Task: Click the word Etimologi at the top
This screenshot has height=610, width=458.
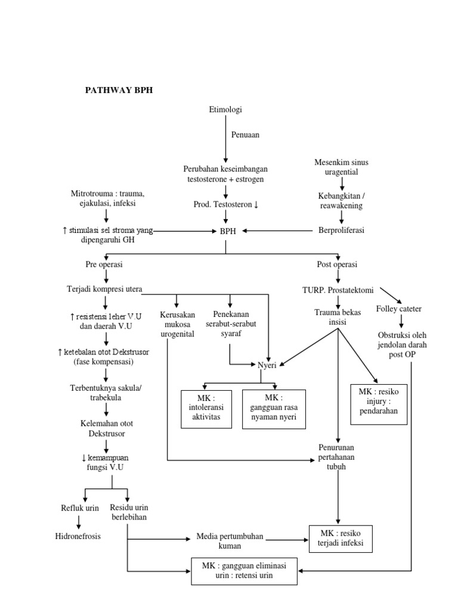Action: [x=225, y=110]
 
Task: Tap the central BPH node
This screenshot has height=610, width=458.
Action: [x=225, y=231]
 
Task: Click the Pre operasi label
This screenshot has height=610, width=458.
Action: [x=104, y=264]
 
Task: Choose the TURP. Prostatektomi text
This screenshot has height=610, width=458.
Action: [x=338, y=290]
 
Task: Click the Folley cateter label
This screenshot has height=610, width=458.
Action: [x=399, y=309]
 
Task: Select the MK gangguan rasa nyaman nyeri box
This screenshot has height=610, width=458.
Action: [x=274, y=409]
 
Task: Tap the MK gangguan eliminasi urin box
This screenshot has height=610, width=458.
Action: [x=245, y=571]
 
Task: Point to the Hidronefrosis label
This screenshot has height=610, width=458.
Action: [x=78, y=536]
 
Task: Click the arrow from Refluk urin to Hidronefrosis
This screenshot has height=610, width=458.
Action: [x=79, y=522]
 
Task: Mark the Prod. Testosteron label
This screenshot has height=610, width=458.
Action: [x=225, y=205]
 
